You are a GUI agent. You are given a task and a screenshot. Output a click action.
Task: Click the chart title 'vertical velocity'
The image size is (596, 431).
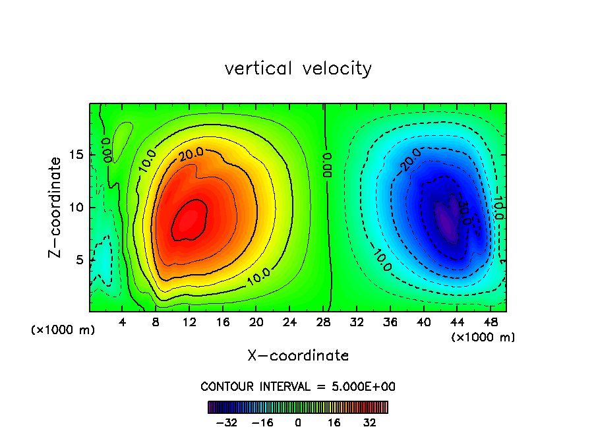tap(298, 69)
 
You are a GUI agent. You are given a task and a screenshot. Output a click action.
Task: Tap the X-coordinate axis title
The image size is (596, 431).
tap(298, 356)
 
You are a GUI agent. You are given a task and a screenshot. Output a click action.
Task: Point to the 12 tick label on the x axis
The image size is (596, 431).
tap(189, 322)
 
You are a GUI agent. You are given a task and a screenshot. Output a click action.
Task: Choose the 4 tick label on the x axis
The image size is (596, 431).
tap(123, 322)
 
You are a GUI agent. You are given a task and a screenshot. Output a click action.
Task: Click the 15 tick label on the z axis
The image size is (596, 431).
tap(76, 155)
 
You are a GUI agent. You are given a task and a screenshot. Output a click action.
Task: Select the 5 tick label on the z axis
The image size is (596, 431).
tap(80, 260)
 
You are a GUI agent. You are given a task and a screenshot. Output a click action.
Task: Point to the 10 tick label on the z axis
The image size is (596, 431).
tap(76, 208)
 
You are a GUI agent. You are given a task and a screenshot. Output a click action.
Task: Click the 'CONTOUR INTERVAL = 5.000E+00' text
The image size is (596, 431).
tap(298, 386)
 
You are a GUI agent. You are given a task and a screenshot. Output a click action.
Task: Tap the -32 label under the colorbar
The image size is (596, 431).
tap(226, 422)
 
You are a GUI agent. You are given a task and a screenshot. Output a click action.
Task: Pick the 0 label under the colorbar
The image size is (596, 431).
tap(298, 422)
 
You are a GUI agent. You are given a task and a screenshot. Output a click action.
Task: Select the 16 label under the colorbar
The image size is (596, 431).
tap(334, 422)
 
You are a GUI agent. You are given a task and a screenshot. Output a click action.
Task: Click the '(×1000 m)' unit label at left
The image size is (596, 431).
tap(63, 330)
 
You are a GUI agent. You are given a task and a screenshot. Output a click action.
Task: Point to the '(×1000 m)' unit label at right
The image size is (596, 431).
tap(483, 337)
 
